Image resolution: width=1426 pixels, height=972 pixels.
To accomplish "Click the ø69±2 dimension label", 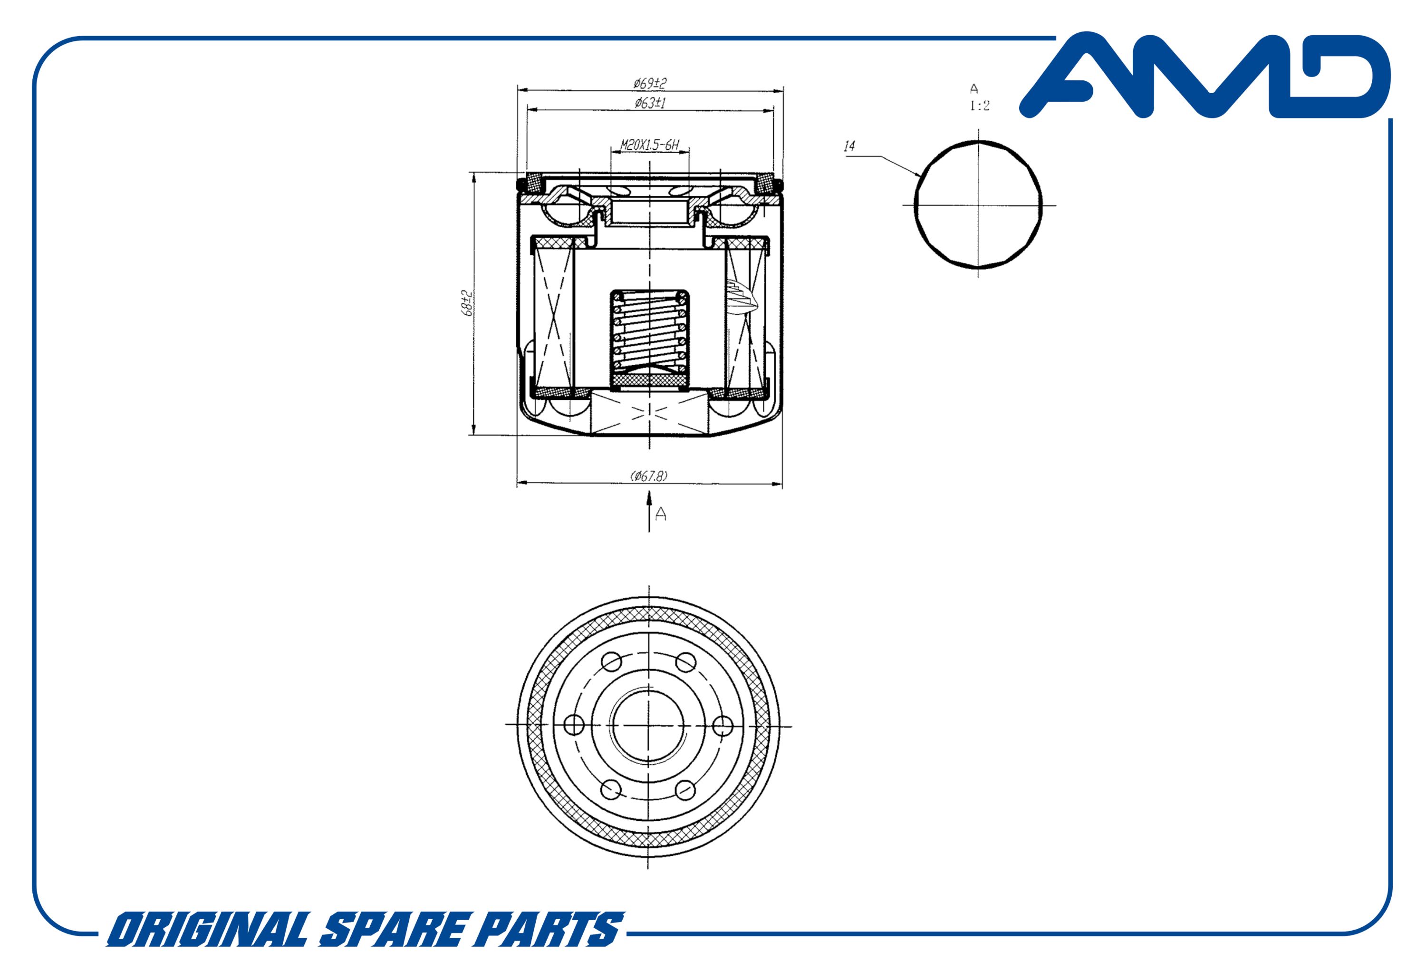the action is (650, 82).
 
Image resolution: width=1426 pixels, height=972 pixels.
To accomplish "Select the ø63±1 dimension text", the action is (650, 103).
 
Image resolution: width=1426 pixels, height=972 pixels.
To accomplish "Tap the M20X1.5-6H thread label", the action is (650, 146).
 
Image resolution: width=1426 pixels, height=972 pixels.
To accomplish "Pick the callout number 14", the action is (850, 146).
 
